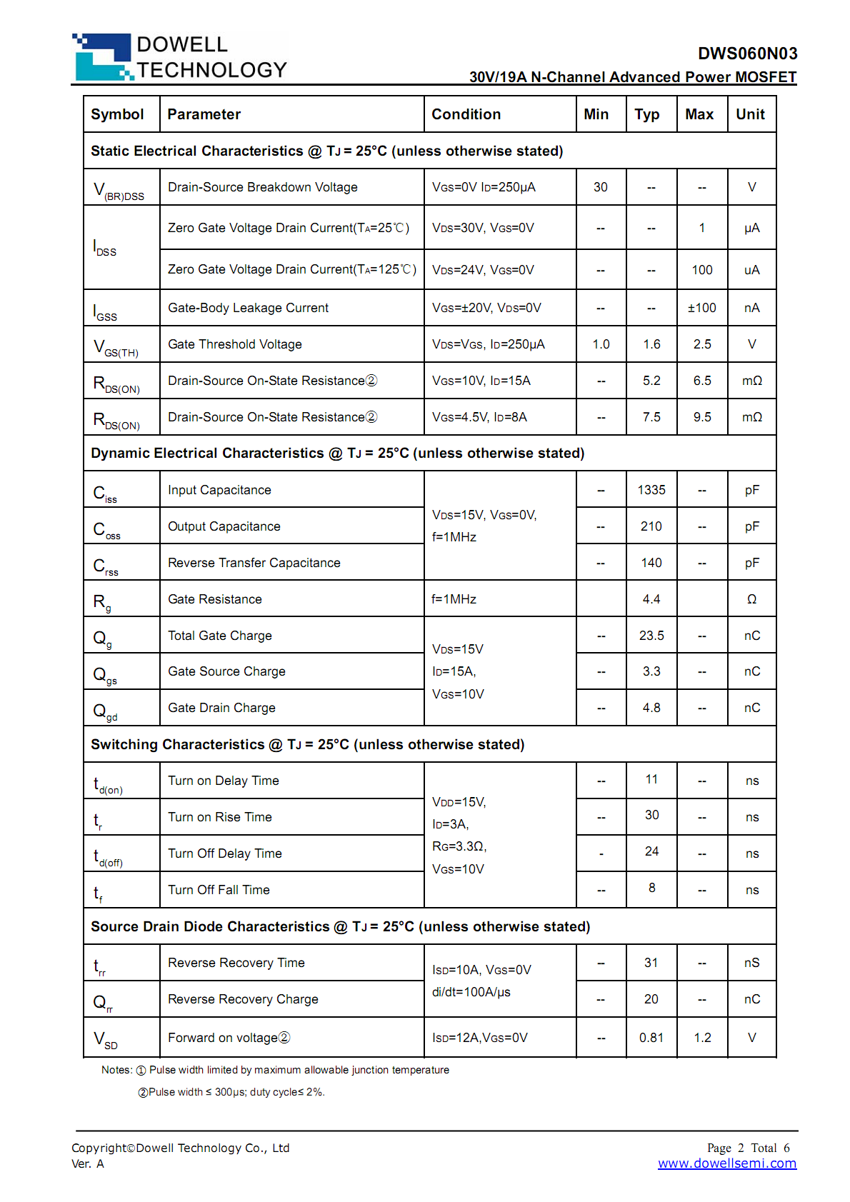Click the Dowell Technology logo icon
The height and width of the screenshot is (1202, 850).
103,56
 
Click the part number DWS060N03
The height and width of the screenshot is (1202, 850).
747,54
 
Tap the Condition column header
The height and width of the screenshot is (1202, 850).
466,114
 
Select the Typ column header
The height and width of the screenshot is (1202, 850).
646,114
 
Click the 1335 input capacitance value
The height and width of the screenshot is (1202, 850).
651,490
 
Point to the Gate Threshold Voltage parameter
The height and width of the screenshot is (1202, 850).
234,344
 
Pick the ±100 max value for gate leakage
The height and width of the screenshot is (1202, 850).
701,308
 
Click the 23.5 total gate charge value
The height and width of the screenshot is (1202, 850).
651,636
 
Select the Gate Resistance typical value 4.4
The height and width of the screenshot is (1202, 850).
651,599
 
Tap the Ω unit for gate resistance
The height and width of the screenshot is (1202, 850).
751,599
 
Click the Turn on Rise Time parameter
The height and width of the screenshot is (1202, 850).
219,817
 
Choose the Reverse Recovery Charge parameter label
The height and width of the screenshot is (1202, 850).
243,999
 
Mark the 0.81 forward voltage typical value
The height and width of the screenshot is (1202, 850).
651,1038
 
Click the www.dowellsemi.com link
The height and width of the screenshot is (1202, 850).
726,1163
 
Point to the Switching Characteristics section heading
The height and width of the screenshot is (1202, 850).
307,744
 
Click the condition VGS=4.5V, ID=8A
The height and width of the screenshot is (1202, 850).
479,417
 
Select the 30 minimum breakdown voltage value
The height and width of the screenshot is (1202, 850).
600,187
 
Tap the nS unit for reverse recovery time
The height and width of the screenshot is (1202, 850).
751,963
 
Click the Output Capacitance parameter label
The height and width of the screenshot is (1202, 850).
224,526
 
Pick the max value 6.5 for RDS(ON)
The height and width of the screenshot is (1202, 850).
701,381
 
